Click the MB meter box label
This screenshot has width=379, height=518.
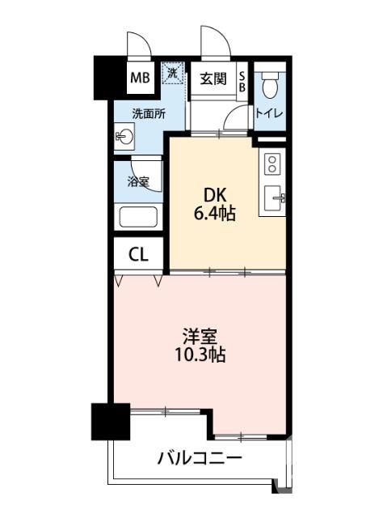tap(141, 79)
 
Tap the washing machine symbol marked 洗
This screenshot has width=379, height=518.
tap(172, 73)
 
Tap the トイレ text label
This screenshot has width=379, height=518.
tap(269, 114)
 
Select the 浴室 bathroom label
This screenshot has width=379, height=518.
tap(137, 182)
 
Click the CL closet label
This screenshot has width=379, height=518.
tap(139, 255)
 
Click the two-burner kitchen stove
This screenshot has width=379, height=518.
tap(272, 165)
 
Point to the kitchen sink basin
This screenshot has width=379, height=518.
tap(273, 198)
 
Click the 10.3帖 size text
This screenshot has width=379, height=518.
tap(200, 355)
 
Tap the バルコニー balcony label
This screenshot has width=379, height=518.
tap(200, 459)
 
